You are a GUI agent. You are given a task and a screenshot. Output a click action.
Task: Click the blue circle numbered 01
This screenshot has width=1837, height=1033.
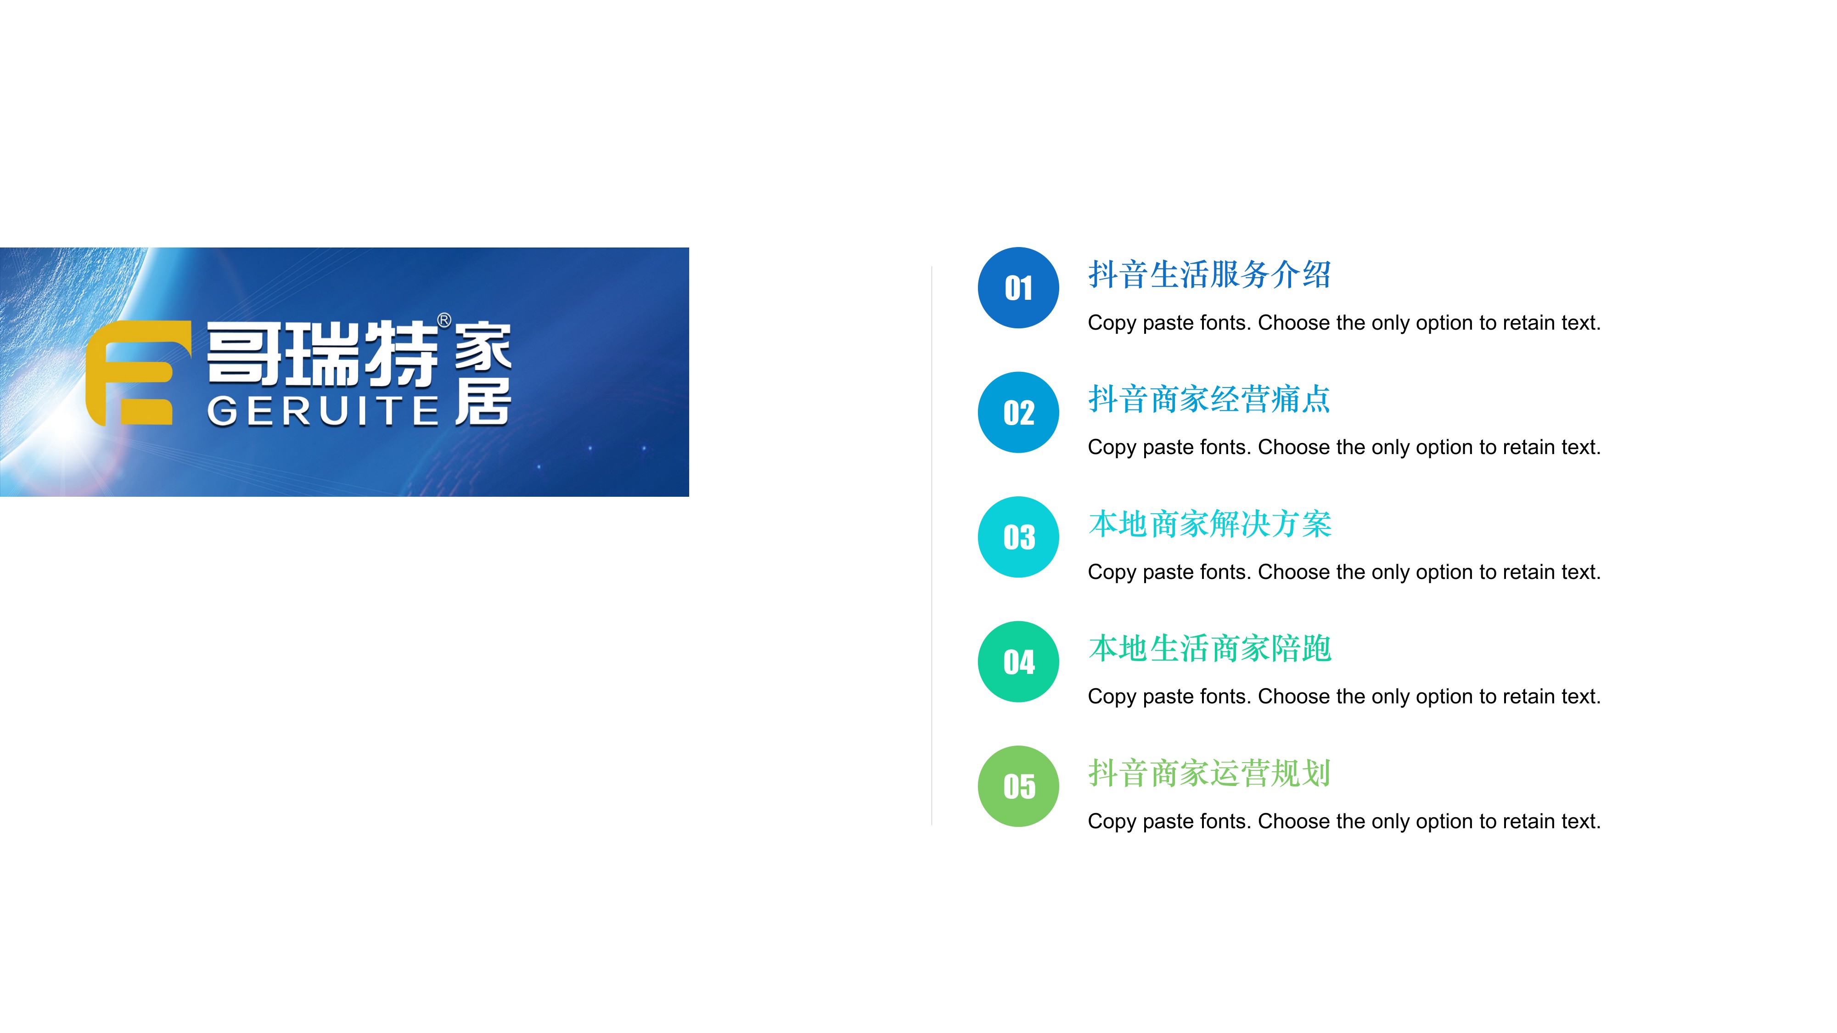1018,288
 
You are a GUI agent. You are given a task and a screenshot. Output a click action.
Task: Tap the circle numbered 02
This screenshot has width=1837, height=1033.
1018,412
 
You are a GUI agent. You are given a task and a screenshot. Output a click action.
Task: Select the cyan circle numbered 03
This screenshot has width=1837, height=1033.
1018,537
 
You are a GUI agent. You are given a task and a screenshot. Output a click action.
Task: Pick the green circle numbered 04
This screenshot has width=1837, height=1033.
1018,662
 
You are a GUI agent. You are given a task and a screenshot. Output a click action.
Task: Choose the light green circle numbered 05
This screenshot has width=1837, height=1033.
1018,786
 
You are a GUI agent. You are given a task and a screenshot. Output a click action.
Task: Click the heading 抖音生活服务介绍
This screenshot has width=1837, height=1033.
1209,275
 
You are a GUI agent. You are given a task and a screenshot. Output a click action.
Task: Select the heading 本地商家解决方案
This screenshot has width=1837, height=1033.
1209,524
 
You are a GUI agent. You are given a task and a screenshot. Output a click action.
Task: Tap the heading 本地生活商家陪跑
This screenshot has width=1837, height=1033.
1209,648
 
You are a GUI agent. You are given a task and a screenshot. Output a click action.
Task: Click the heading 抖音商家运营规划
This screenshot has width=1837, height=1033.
1209,773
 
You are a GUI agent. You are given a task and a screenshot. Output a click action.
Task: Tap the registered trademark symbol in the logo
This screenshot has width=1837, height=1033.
444,320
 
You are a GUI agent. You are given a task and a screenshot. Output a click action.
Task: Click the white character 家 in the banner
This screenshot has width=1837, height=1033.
483,347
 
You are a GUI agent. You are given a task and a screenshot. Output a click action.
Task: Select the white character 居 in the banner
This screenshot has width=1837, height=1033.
483,401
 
